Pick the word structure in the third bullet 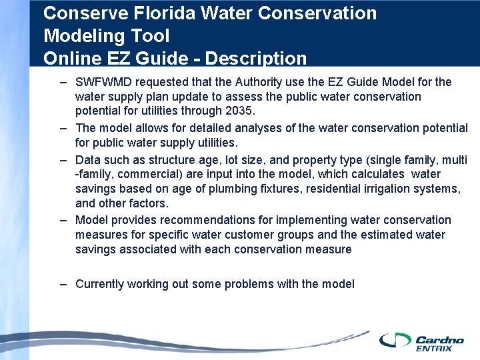point(155,159)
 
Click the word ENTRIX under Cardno point(433,348)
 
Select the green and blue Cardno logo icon point(396,340)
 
